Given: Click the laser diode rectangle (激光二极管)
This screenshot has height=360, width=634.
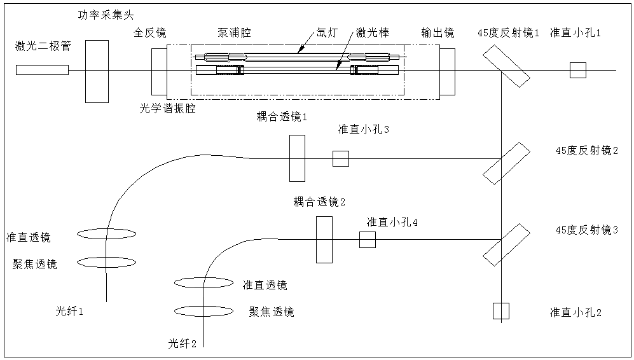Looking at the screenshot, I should point(43,70).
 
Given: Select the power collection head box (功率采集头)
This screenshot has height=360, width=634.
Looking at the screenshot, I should point(97,70).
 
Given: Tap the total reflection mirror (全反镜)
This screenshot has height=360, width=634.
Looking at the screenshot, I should point(159,70).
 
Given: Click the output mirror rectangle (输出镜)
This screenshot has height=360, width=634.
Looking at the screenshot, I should point(447,70).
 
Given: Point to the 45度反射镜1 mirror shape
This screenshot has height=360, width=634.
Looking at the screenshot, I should point(506,66).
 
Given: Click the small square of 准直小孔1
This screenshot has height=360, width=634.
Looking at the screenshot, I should point(577,70).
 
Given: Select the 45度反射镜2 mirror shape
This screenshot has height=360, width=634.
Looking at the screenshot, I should point(506,163).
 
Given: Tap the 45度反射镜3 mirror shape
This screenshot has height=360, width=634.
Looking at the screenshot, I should point(506,244).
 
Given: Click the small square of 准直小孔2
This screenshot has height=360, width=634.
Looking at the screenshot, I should point(501,310).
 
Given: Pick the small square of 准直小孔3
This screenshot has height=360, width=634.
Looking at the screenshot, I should point(341,158).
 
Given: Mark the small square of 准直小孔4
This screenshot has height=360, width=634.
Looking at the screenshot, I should point(368,240).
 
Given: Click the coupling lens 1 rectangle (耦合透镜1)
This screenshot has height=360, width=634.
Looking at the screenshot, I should point(297,158).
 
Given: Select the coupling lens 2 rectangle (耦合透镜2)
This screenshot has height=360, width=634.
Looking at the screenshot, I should point(324,239).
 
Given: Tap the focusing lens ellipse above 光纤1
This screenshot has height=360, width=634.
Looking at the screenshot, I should point(106,262).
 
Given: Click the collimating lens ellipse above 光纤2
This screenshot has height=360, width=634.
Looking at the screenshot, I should point(205,281).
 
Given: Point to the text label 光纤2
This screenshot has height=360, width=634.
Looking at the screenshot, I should point(183,344).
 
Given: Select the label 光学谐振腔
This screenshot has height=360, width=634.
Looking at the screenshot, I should point(167,109).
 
